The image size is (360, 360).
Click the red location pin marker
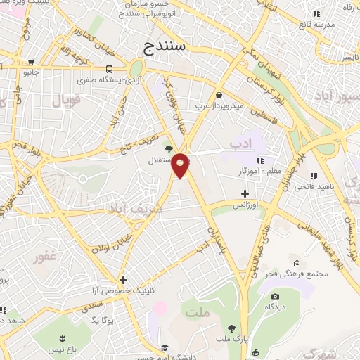(x=181, y=165)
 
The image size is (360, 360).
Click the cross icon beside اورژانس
(x=245, y=193)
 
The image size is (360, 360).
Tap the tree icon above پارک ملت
(x=231, y=328)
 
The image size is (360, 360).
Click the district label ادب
(x=240, y=144)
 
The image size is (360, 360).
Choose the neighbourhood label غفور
(x=49, y=257)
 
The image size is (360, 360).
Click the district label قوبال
(x=67, y=101)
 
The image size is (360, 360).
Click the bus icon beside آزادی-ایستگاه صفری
(x=109, y=69)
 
